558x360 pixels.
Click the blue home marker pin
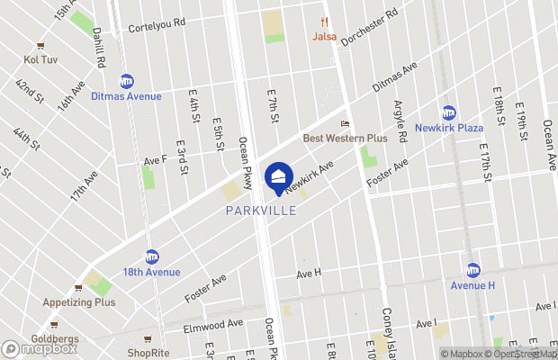[x=278, y=176]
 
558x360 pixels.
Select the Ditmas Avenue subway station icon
[x=127, y=82]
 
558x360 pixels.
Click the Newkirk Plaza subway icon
[x=448, y=112]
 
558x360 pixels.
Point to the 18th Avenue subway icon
[x=152, y=256]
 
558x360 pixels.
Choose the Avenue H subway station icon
[x=473, y=270]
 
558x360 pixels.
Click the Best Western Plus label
[x=345, y=138]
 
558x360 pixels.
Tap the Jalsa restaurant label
[x=324, y=37]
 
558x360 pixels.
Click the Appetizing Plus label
[x=79, y=302]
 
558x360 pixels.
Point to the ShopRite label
[x=148, y=352]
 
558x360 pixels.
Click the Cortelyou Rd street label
[x=156, y=26]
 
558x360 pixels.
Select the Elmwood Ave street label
[x=213, y=323]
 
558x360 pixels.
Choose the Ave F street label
[x=156, y=159]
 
